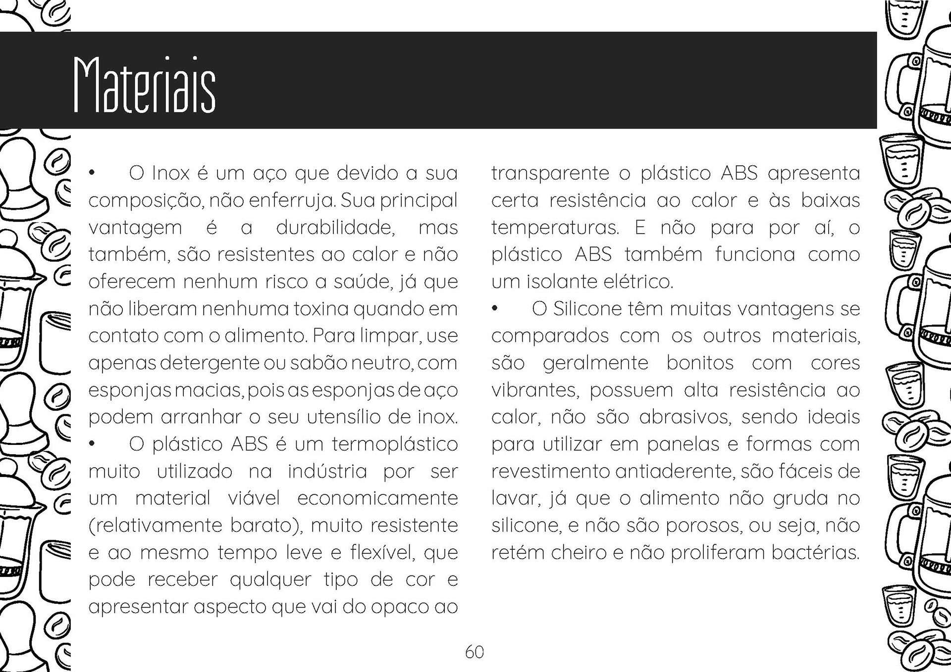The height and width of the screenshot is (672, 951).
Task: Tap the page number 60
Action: coord(474,652)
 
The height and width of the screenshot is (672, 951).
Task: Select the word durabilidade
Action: coord(335,228)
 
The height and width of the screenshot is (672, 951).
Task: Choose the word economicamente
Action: coord(377,498)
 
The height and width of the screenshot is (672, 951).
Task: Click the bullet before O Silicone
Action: coord(494,309)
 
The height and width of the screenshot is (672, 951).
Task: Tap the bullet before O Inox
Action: coord(92,173)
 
